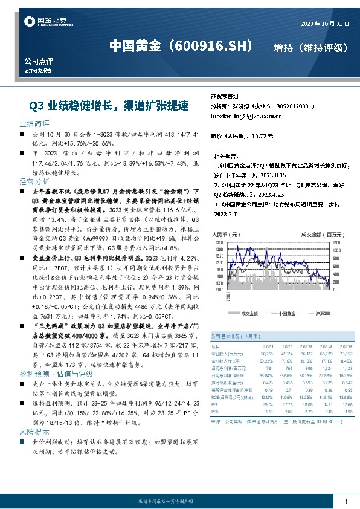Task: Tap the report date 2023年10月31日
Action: click(324, 24)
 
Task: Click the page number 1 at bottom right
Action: click(346, 502)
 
